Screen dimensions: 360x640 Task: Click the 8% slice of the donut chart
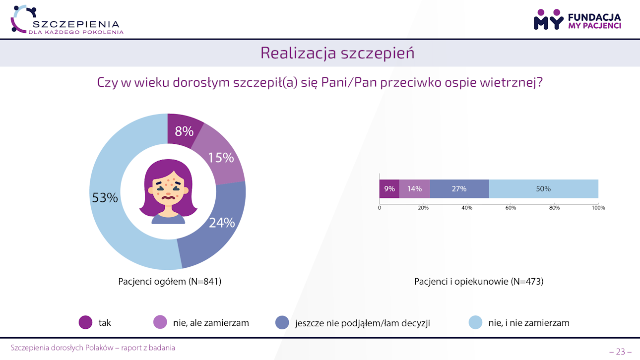click(x=184, y=130)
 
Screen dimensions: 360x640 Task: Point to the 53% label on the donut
click(x=105, y=198)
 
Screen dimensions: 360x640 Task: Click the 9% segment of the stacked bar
click(x=389, y=189)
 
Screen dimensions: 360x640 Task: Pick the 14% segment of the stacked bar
click(x=414, y=189)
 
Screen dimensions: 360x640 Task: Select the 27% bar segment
click(x=459, y=189)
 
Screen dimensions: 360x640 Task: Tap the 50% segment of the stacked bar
click(x=543, y=189)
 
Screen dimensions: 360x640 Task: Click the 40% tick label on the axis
click(x=467, y=208)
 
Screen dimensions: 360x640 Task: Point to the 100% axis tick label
click(x=598, y=208)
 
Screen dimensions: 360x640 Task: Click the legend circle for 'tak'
click(x=86, y=323)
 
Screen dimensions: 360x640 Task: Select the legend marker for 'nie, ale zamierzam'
click(x=160, y=323)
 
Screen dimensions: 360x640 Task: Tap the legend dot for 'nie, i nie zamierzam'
click(x=475, y=323)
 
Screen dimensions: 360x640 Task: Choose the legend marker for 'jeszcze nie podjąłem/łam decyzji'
click(x=282, y=323)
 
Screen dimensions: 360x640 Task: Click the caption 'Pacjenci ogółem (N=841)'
click(x=170, y=282)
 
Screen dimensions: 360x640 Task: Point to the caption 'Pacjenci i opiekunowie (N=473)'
click(x=479, y=282)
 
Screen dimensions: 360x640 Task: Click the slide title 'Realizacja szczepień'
click(x=337, y=53)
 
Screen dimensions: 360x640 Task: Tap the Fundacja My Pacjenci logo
click(x=577, y=20)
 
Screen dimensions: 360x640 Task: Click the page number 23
click(x=620, y=352)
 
